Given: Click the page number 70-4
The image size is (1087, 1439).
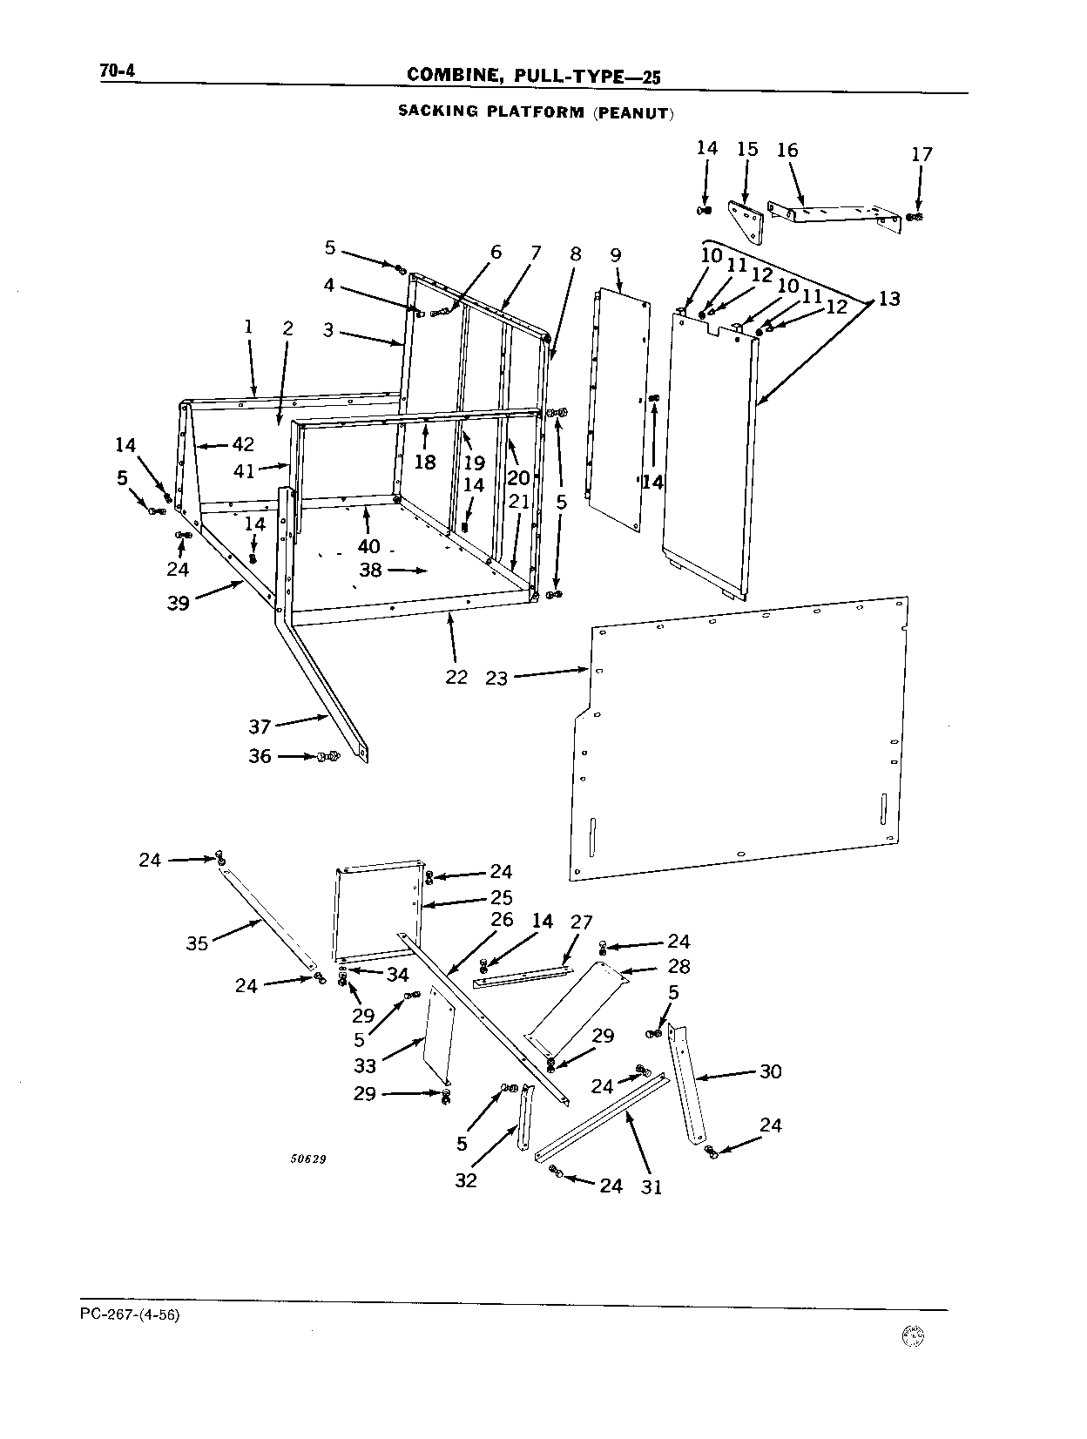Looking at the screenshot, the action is (x=118, y=71).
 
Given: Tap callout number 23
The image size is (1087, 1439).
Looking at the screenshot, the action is (x=496, y=678).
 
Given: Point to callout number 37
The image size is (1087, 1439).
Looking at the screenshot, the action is (x=260, y=726).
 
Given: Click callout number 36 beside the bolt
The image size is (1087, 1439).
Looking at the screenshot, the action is (x=260, y=756).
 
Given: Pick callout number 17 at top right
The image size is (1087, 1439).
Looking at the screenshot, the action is (x=922, y=154).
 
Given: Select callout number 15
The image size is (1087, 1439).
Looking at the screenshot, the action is (x=747, y=150).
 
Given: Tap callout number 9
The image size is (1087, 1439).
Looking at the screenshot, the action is (x=615, y=255).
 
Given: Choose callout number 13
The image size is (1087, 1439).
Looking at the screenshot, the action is (x=888, y=299).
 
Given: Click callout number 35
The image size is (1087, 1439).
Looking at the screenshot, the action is (x=197, y=943).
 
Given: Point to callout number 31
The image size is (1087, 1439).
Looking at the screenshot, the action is (x=652, y=1186).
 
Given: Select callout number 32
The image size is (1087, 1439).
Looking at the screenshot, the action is (x=466, y=1180).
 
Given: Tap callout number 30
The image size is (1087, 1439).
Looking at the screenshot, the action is (x=771, y=1071).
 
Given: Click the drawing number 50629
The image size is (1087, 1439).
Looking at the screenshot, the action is (x=308, y=1159).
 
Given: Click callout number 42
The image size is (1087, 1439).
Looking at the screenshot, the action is (x=243, y=444).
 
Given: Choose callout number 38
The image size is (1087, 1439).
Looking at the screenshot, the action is (x=370, y=571).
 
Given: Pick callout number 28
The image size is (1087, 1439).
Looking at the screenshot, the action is (x=679, y=966).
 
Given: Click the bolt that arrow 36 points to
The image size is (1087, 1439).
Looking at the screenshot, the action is (x=329, y=757).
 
